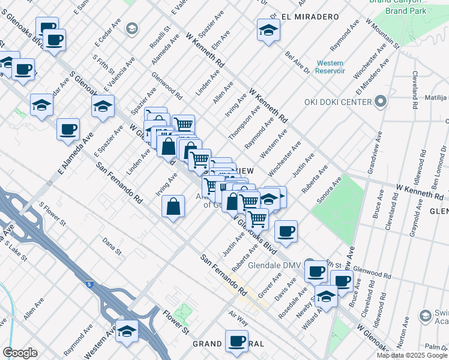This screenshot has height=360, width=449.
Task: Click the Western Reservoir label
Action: [x=330, y=67]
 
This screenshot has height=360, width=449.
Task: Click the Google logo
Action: [x=20, y=353]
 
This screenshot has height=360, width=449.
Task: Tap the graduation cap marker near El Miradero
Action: [x=268, y=30]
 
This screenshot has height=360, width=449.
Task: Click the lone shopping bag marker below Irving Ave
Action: [x=173, y=207]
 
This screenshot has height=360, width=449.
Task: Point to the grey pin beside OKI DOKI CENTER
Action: [x=379, y=101]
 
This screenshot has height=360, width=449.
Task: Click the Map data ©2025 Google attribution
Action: [x=412, y=355]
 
